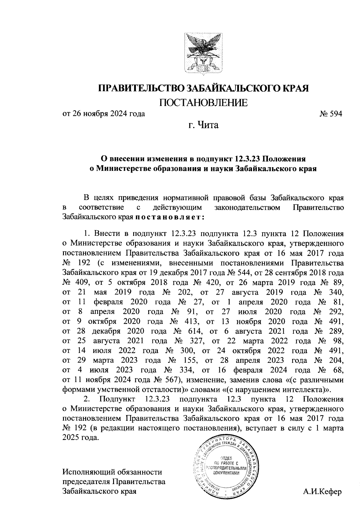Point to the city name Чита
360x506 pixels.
(x=207, y=125)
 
